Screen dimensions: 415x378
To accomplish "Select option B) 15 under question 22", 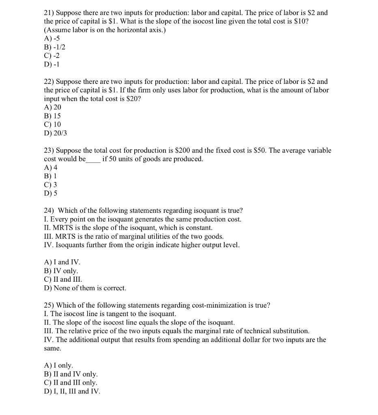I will click(x=52, y=116).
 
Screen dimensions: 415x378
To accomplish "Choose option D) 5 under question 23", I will click(x=51, y=193).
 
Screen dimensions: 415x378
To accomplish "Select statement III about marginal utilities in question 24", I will click(x=133, y=236).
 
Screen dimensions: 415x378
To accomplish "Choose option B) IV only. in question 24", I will click(x=61, y=271).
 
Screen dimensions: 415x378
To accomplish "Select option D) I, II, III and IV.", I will click(x=72, y=391).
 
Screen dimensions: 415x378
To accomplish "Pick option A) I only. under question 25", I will click(x=58, y=366).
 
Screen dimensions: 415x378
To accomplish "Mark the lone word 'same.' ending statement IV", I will click(x=52, y=349).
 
